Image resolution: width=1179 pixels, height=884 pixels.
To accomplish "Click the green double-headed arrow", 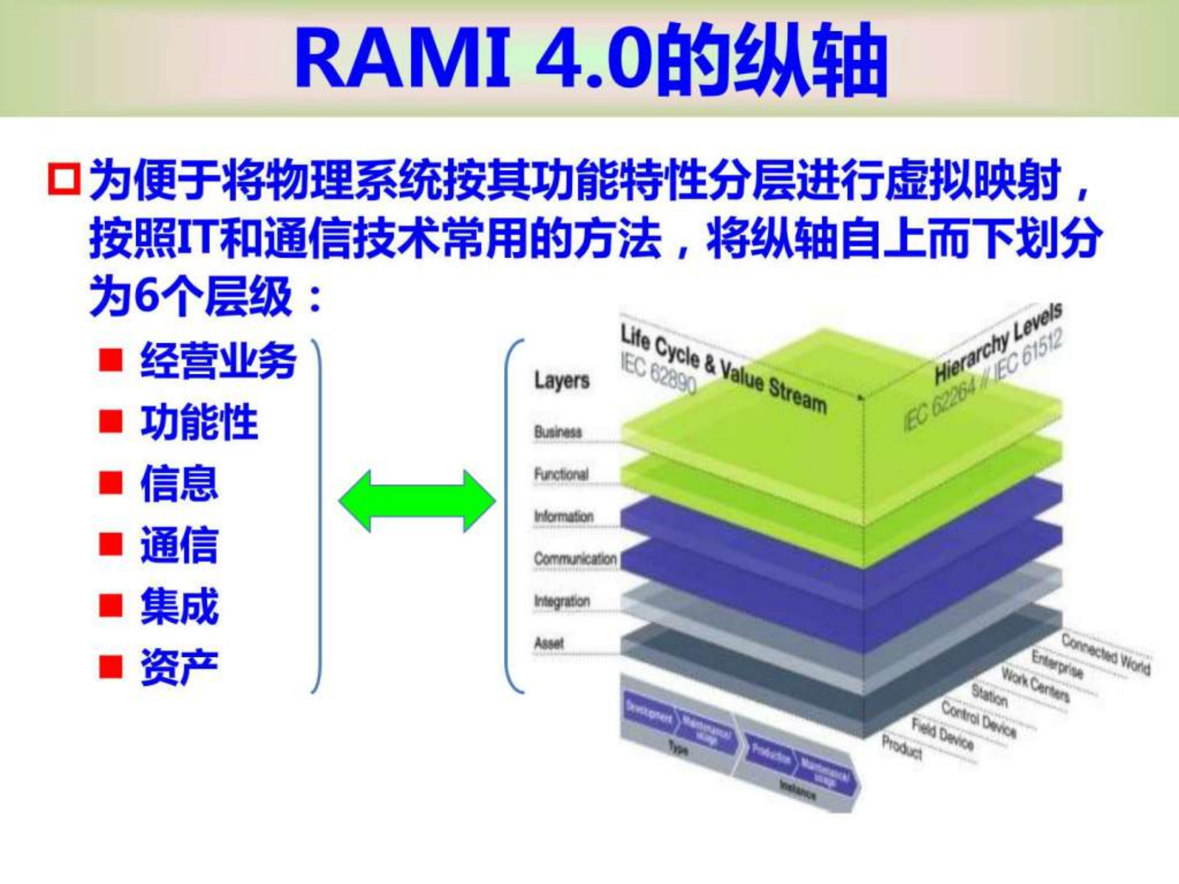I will pyautogui.click(x=417, y=501).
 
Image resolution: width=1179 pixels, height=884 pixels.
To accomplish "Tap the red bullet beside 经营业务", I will pyautogui.click(x=111, y=360).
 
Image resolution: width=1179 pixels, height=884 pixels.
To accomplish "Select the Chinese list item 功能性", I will pyautogui.click(x=200, y=422).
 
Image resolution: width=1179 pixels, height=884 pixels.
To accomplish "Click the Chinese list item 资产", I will pyautogui.click(x=179, y=667).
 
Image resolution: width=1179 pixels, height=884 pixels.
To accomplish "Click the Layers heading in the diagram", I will pyautogui.click(x=562, y=380).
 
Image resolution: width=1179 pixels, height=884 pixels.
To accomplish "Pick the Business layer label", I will pyautogui.click(x=558, y=432).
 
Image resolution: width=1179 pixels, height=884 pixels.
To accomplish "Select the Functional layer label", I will pyautogui.click(x=561, y=474).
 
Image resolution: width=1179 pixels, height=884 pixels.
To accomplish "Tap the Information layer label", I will pyautogui.click(x=564, y=516).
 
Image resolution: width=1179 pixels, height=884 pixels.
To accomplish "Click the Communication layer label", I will pyautogui.click(x=575, y=559).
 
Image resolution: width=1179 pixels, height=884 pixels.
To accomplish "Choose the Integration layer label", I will pyautogui.click(x=562, y=601).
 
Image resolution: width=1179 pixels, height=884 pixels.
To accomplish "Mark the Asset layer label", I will pyautogui.click(x=548, y=643).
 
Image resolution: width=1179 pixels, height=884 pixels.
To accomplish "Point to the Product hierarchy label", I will pyautogui.click(x=902, y=746).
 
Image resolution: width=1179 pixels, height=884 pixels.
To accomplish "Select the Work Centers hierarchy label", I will pyautogui.click(x=1036, y=684).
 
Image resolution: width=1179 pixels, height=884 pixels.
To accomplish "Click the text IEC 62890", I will pyautogui.click(x=658, y=373).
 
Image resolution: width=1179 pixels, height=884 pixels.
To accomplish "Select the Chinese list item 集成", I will pyautogui.click(x=179, y=606).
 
